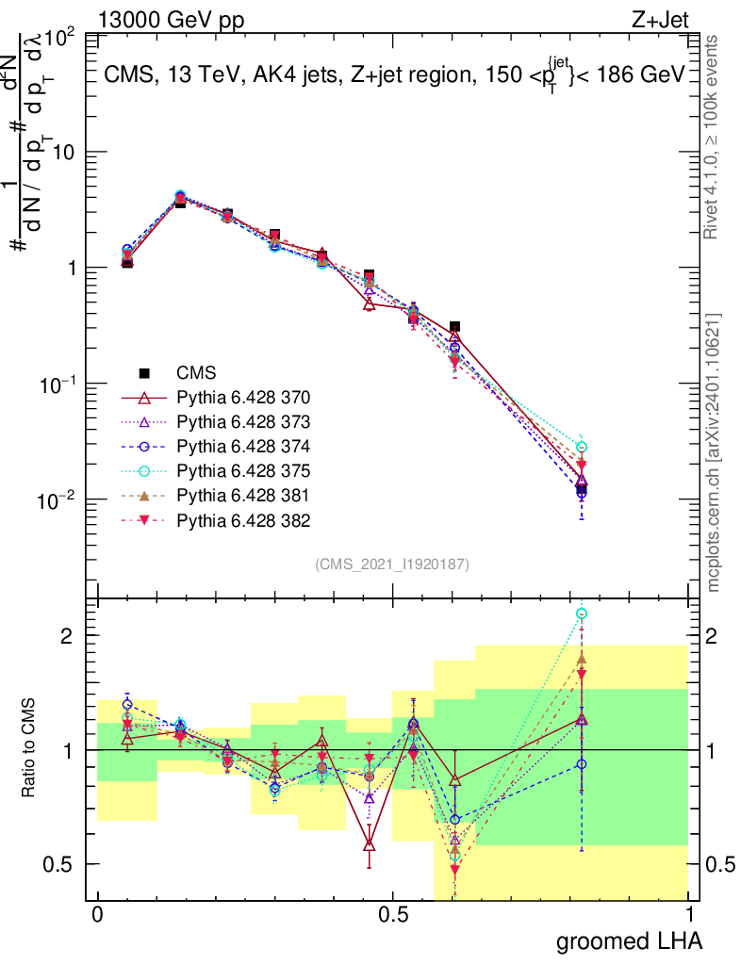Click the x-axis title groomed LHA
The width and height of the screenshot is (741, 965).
[x=629, y=940]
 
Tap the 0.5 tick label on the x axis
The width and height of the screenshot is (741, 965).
[x=393, y=915]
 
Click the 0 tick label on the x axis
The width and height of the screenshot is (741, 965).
[x=96, y=915]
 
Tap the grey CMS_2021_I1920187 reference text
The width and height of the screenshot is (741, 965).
[x=392, y=564]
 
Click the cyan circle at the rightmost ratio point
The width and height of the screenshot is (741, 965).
[x=582, y=613]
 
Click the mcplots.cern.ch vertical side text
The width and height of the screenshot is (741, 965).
[x=714, y=452]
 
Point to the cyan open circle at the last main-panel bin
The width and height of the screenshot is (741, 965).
[x=582, y=447]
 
